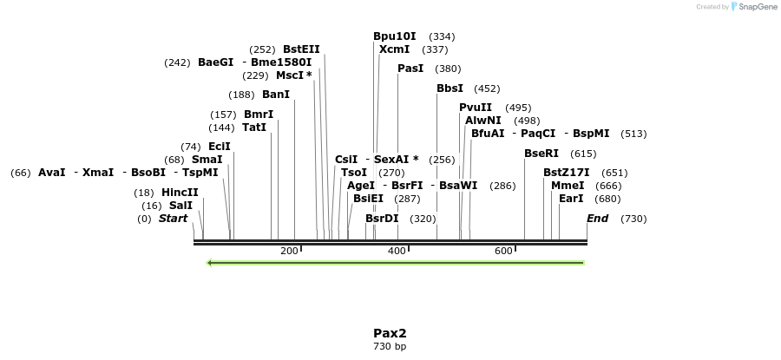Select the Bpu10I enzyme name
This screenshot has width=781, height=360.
395,36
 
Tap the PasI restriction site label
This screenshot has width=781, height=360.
410,69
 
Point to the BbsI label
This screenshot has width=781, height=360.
450,88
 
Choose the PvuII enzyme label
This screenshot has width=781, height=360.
476,108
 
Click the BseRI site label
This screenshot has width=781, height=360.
541,154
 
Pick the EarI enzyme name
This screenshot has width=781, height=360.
571,199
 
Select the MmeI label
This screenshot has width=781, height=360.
568,186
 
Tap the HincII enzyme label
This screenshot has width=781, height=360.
180,193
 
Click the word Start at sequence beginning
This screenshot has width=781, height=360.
173,219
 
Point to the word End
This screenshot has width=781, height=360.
598,219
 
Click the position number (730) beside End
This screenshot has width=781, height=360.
633,219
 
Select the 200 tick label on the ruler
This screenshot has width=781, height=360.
289,251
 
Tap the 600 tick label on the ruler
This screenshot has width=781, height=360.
503,251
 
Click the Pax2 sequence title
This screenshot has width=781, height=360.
390,333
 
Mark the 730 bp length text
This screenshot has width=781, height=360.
390,347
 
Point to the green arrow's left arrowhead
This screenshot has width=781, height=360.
209,262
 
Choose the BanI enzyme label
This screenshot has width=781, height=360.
276,95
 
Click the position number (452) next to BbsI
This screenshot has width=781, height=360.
487,88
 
